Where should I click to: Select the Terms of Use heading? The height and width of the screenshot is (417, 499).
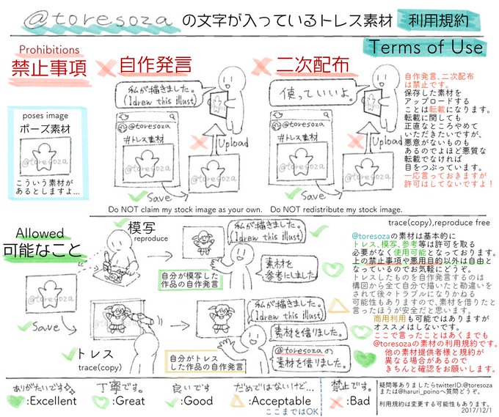pos(426,46)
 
